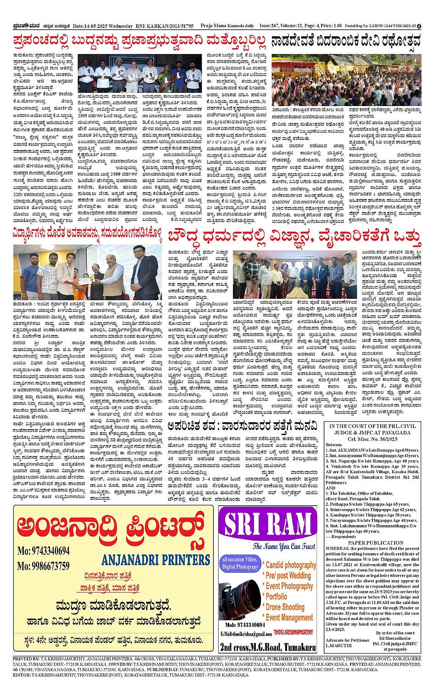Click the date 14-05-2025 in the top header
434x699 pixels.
point(98,26)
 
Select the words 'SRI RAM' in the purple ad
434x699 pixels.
point(268,526)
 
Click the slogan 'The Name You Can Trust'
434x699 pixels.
point(284,546)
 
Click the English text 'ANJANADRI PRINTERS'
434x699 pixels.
point(156,560)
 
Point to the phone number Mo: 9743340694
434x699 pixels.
point(44,551)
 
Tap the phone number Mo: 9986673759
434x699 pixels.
point(44,566)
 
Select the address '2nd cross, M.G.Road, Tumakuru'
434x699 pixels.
point(268,647)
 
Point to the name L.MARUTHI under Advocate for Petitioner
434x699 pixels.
point(338,645)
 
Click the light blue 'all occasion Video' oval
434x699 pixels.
point(240,563)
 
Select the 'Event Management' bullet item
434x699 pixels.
point(289,618)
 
